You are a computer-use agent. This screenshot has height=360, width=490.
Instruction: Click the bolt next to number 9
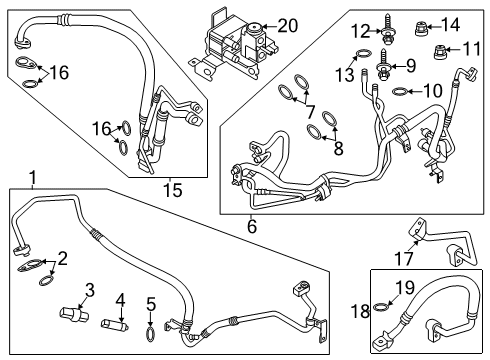click(385, 69)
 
